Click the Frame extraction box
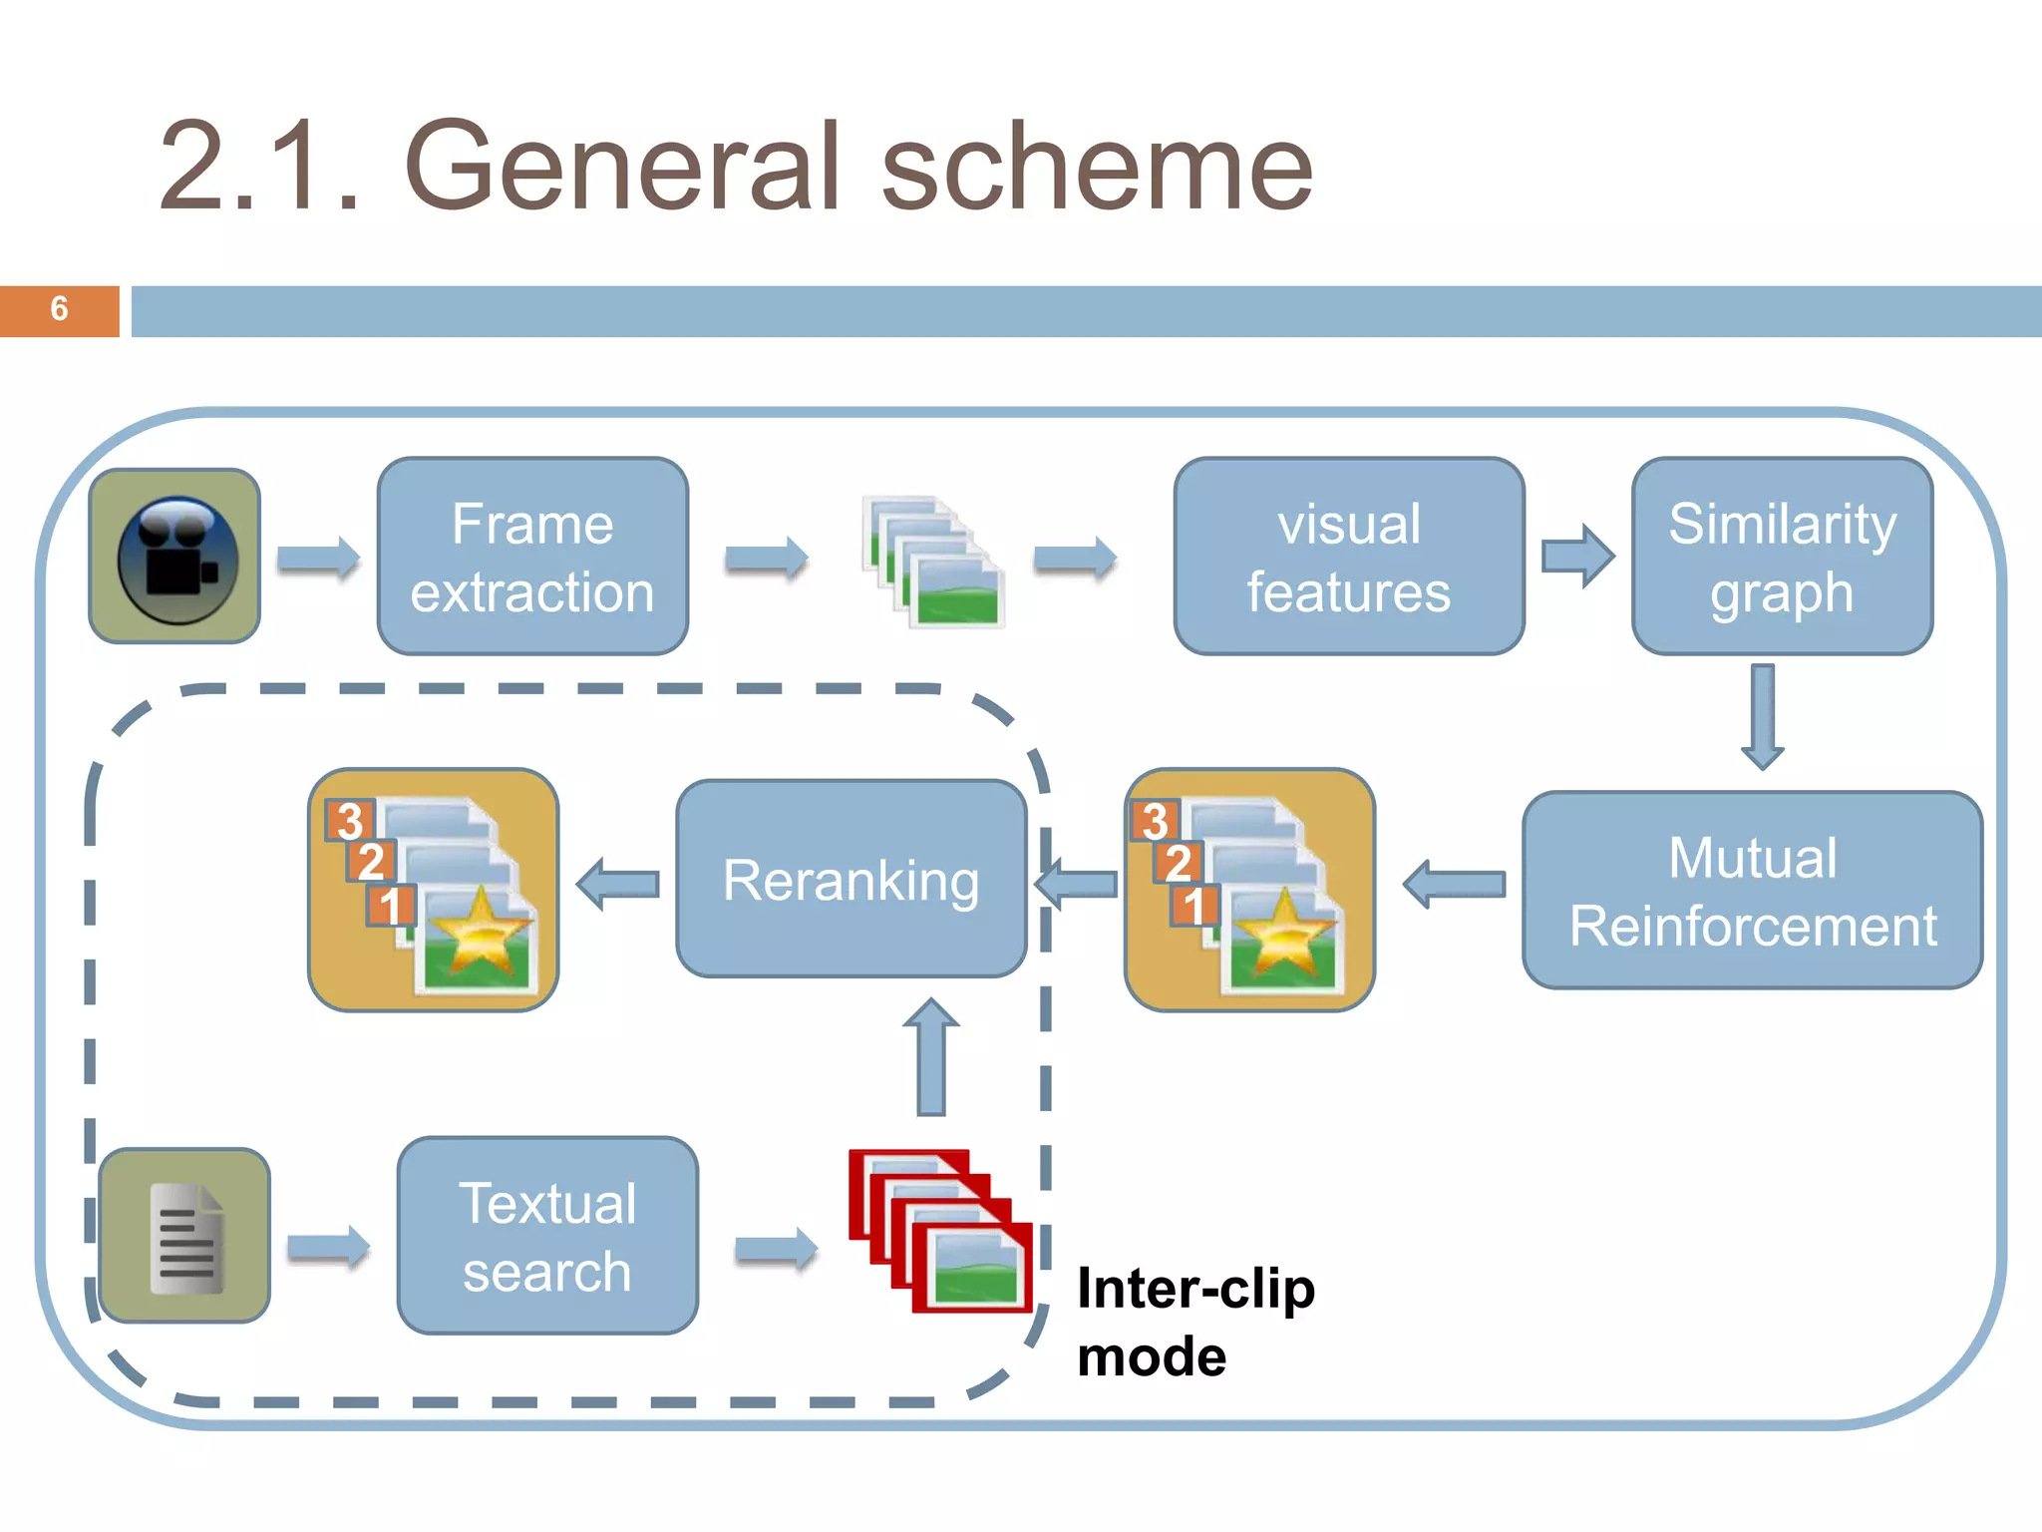[x=532, y=557]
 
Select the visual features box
[x=1348, y=557]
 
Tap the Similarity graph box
[x=1782, y=557]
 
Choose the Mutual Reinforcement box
[x=1752, y=890]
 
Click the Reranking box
[x=851, y=879]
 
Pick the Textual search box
[x=547, y=1236]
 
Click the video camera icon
[x=175, y=557]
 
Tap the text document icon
[x=185, y=1236]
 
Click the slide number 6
[x=59, y=309]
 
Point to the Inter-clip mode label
[x=1194, y=1322]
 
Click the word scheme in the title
[x=1097, y=168]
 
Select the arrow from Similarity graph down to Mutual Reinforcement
[x=1763, y=716]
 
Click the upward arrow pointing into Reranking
[x=930, y=1057]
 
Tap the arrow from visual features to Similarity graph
[x=1577, y=556]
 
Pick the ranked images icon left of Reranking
[x=433, y=890]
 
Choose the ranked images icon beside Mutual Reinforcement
[x=1249, y=890]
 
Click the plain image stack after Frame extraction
[x=932, y=562]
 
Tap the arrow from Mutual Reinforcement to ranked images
[x=1454, y=884]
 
